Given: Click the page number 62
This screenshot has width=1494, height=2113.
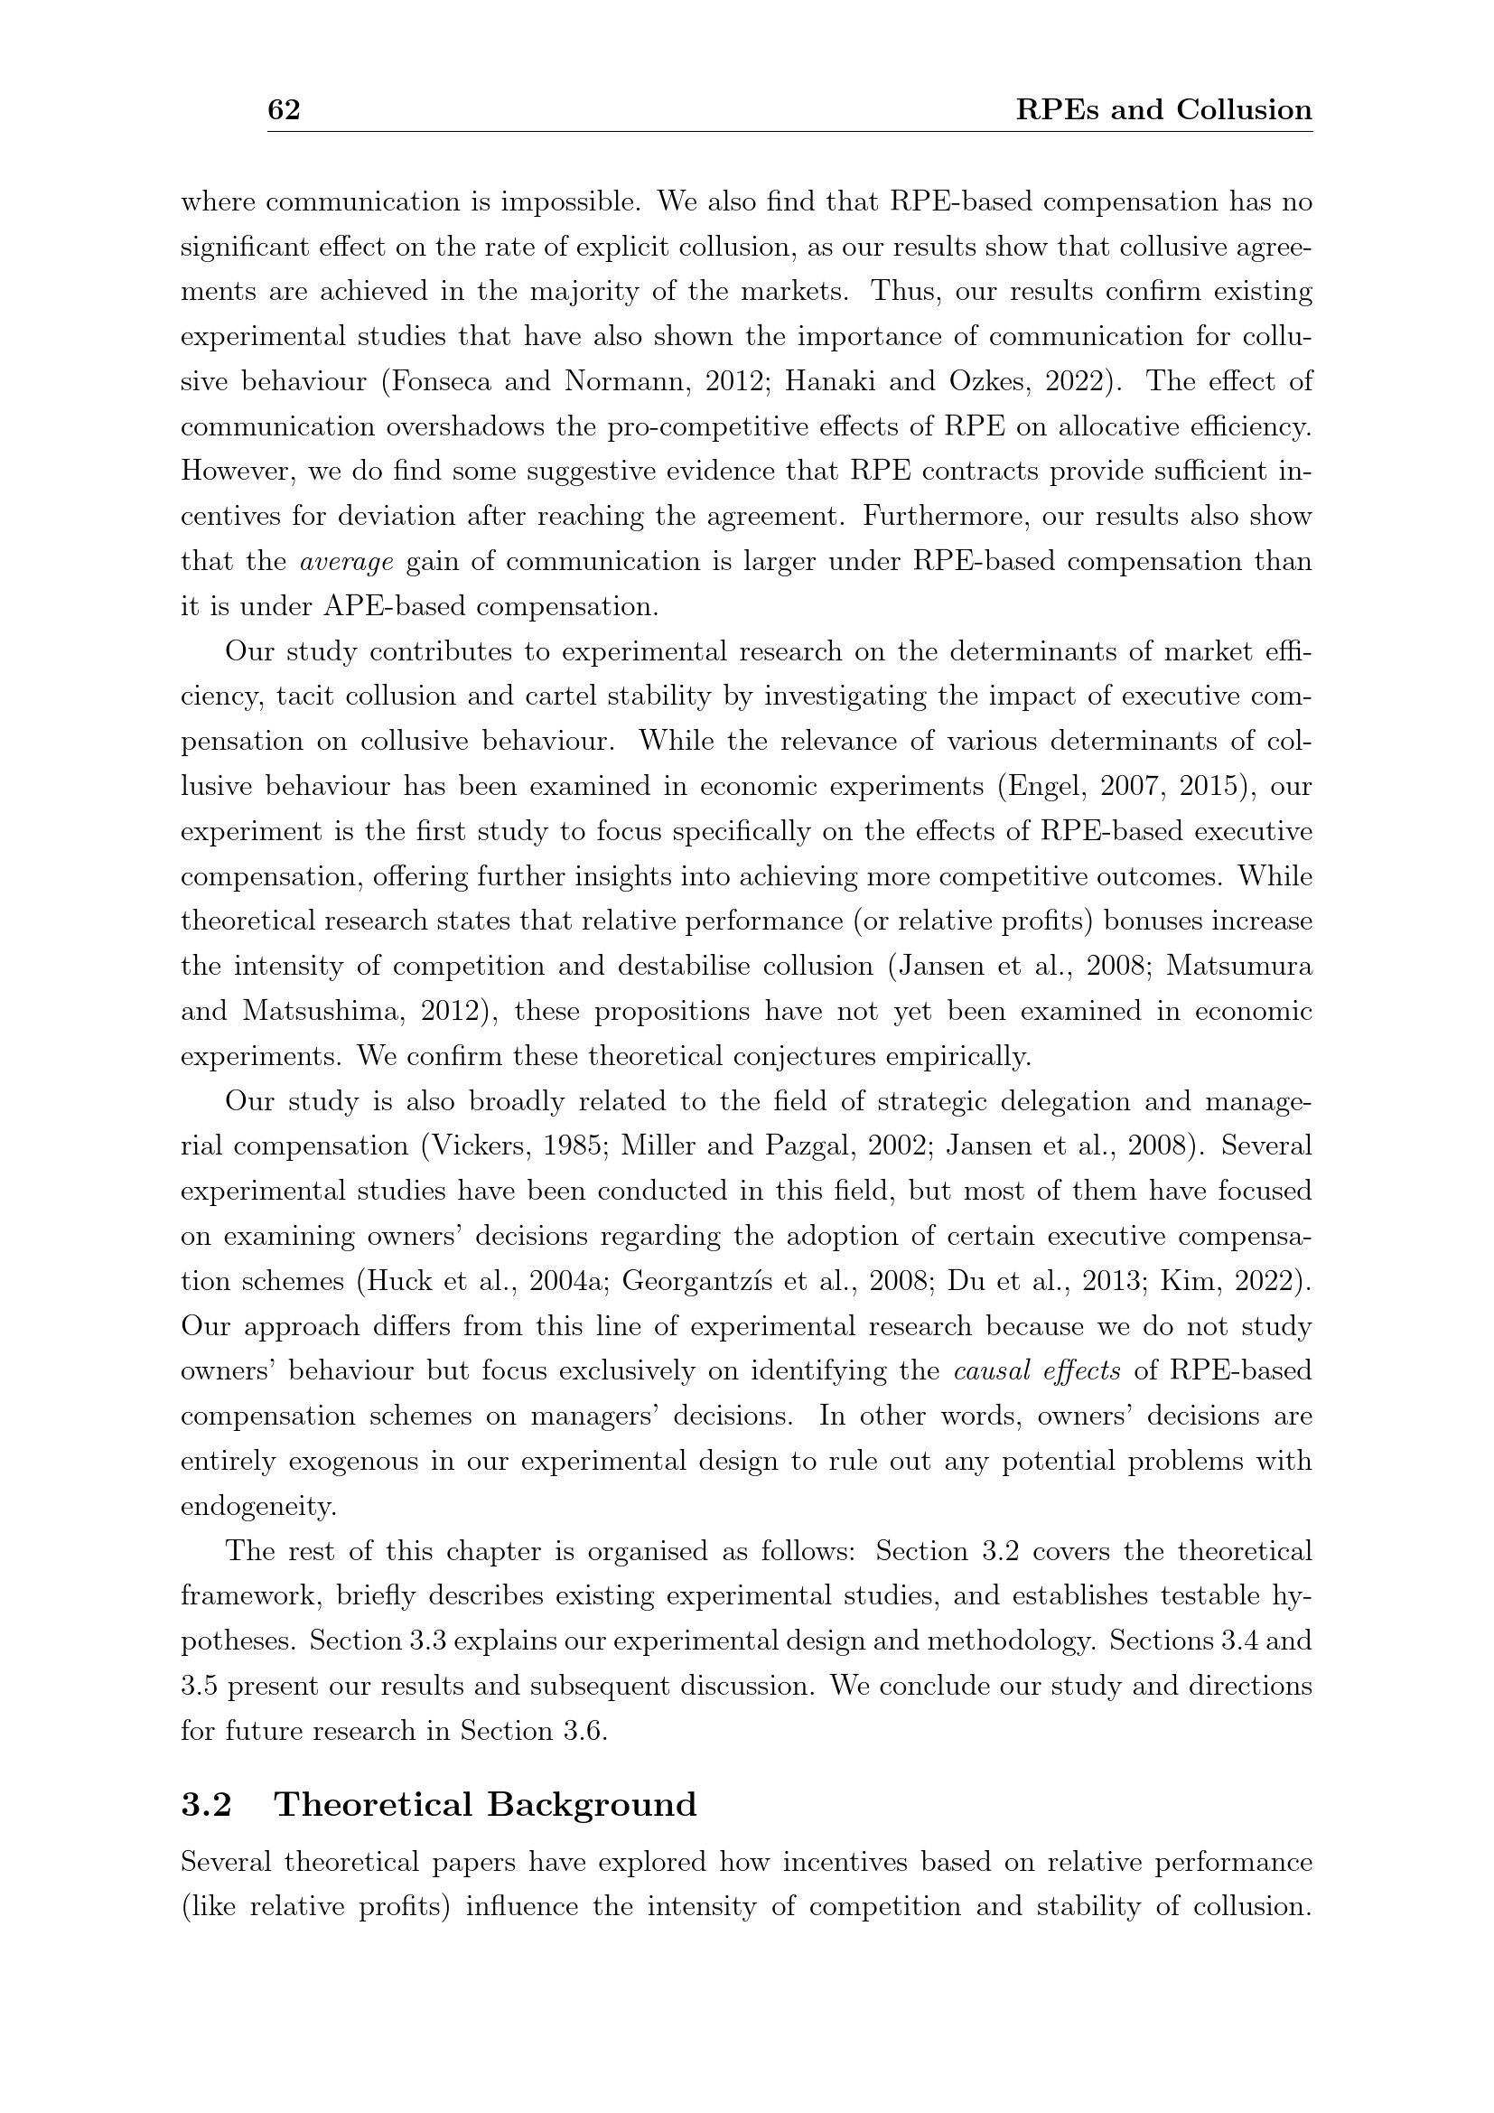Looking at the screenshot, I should pos(284,110).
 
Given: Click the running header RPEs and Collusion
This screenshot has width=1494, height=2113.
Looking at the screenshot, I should pos(1163,110).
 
